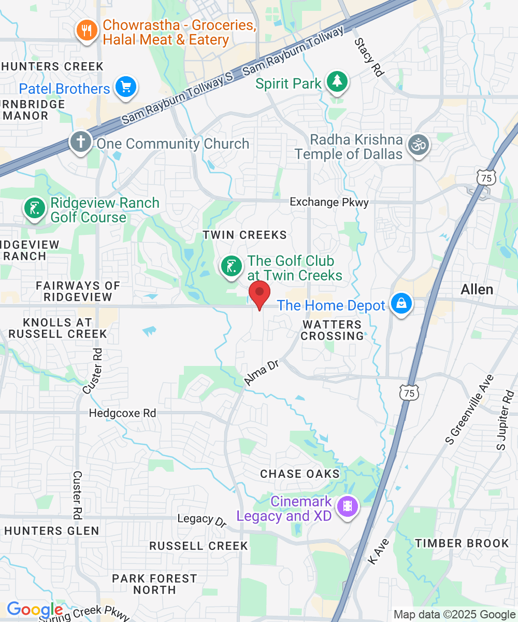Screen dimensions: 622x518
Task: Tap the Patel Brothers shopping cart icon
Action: pos(125,87)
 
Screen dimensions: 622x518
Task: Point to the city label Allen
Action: pos(477,289)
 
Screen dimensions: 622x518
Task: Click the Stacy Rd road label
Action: pos(369,58)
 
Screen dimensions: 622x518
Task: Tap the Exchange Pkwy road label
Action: pos(329,202)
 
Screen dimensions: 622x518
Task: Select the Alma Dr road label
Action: pos(262,374)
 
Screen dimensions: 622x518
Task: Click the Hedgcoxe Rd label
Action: pos(122,414)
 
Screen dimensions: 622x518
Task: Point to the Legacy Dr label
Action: pos(202,519)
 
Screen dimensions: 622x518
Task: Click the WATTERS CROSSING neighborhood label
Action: pos(332,330)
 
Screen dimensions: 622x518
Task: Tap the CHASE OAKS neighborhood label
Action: pos(300,474)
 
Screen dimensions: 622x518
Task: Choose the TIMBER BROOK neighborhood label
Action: pos(462,543)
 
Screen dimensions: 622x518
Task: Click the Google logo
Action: pos(34,610)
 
